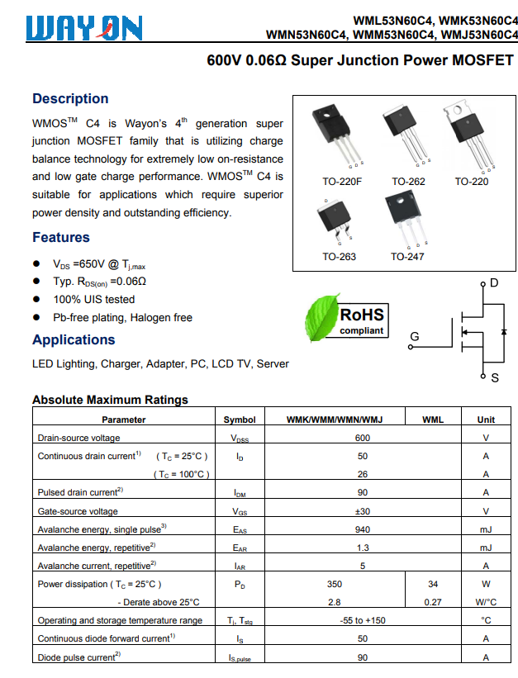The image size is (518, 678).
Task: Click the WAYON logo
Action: pyautogui.click(x=84, y=29)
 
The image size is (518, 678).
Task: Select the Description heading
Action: pyautogui.click(x=70, y=99)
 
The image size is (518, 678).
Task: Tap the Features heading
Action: pyautogui.click(x=60, y=238)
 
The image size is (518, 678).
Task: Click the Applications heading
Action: pyautogui.click(x=74, y=340)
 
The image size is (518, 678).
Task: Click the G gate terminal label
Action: pyautogui.click(x=415, y=336)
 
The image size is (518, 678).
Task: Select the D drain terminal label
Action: pyautogui.click(x=494, y=283)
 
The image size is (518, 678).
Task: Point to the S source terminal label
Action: pyautogui.click(x=495, y=377)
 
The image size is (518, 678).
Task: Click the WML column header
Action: pyautogui.click(x=433, y=420)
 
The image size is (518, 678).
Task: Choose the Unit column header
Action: pyautogui.click(x=486, y=420)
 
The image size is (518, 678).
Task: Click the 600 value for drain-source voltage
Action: pyautogui.click(x=363, y=438)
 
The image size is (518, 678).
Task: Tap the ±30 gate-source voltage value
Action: pyautogui.click(x=363, y=511)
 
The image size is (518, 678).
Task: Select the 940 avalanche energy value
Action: pyautogui.click(x=363, y=529)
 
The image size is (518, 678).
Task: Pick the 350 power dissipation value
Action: pyautogui.click(x=335, y=584)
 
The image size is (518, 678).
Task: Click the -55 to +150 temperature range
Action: pyautogui.click(x=363, y=620)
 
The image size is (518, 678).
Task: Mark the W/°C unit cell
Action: pyautogui.click(x=486, y=602)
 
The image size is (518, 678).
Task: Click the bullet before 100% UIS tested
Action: pyautogui.click(x=36, y=300)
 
